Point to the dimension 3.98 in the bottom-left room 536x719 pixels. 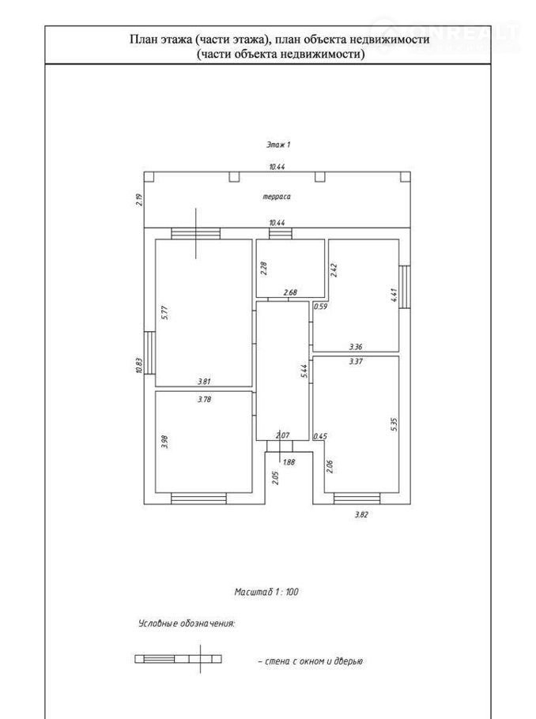(x=164, y=442)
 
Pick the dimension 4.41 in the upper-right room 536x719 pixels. (x=393, y=296)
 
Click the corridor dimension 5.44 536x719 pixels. (x=303, y=371)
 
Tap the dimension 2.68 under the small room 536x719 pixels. (x=290, y=293)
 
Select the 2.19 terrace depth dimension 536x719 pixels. (x=139, y=199)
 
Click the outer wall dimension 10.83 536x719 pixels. (x=139, y=366)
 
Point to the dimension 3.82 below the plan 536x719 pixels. (x=361, y=514)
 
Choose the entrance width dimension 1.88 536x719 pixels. (x=289, y=463)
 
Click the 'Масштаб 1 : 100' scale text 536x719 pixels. (x=266, y=591)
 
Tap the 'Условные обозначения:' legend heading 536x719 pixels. (x=187, y=623)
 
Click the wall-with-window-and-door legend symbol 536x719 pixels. (x=178, y=658)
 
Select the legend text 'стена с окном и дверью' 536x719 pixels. (x=310, y=661)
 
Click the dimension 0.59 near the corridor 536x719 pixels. (x=320, y=306)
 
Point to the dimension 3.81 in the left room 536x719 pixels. (x=205, y=381)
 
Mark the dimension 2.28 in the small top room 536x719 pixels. (x=264, y=268)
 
